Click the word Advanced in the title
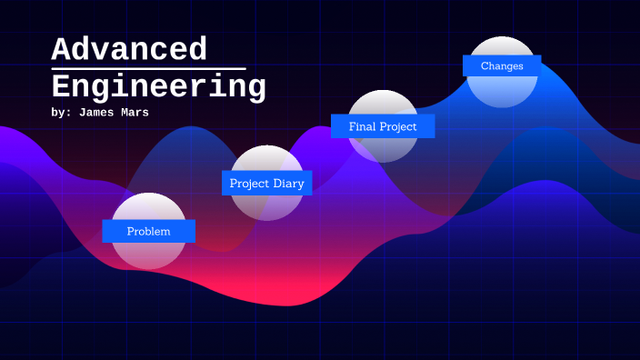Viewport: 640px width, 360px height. (x=129, y=49)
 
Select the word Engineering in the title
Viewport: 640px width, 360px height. (x=158, y=88)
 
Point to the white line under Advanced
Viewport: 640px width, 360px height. (x=148, y=68)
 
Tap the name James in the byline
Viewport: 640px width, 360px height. (x=97, y=113)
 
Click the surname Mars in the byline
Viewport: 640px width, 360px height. (x=134, y=113)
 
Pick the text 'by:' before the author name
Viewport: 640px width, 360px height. (x=62, y=113)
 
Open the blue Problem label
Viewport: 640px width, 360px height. (x=148, y=231)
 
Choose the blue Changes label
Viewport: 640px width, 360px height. (x=502, y=65)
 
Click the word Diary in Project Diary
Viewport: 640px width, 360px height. (x=288, y=184)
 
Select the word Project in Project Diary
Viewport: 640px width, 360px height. (x=249, y=184)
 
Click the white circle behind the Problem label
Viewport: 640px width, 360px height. (x=148, y=255)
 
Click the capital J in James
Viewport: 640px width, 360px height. (x=83, y=113)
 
